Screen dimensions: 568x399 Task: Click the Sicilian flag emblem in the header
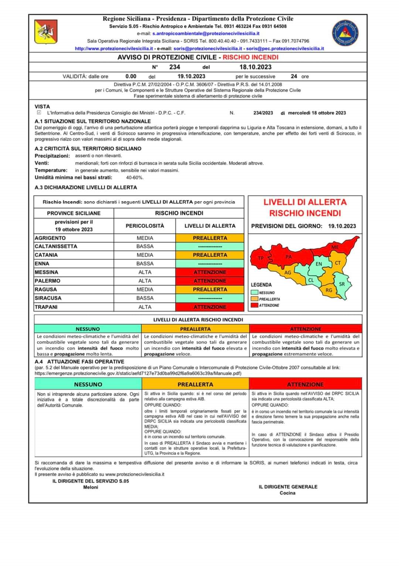click(x=46, y=32)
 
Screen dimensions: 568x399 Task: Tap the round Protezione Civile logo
click(x=345, y=33)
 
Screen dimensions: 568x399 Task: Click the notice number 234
click(x=174, y=67)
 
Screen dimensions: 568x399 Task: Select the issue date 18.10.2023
click(x=255, y=67)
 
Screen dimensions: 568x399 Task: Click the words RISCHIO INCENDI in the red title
click(x=250, y=57)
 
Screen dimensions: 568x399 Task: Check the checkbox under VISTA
click(x=39, y=113)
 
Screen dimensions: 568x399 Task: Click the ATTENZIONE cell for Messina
click(x=210, y=272)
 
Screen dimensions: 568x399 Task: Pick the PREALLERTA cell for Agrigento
click(x=210, y=238)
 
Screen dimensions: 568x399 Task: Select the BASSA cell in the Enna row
click(x=145, y=264)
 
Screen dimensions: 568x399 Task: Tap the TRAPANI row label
click(x=46, y=307)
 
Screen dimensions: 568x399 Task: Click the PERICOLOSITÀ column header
click(x=145, y=226)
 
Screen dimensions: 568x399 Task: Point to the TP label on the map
click(x=261, y=258)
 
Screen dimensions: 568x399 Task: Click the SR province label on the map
click(x=342, y=284)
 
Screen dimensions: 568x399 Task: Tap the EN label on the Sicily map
click(x=318, y=264)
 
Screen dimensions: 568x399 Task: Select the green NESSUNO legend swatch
click(x=254, y=292)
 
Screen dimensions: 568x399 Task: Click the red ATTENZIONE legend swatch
click(x=254, y=305)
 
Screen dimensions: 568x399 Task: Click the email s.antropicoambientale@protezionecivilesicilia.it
click(x=206, y=34)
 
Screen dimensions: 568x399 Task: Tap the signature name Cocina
click(x=287, y=493)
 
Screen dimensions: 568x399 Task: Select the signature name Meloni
click(x=91, y=487)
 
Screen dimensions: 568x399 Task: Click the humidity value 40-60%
click(x=134, y=178)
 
